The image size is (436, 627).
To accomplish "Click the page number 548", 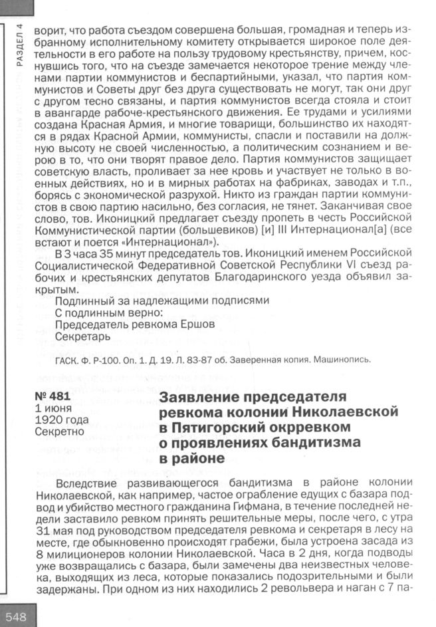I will tap(15, 616).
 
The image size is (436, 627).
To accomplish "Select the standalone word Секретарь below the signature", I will tap(82, 337).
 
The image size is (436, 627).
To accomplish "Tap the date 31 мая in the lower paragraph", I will tap(54, 532).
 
